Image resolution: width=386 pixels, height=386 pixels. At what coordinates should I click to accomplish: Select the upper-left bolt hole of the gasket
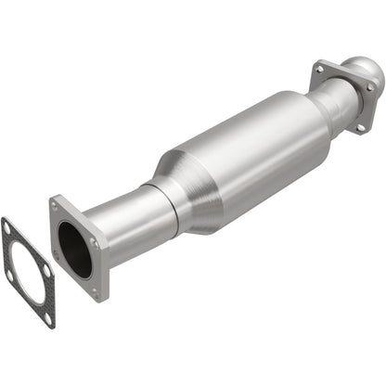click(x=8, y=227)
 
